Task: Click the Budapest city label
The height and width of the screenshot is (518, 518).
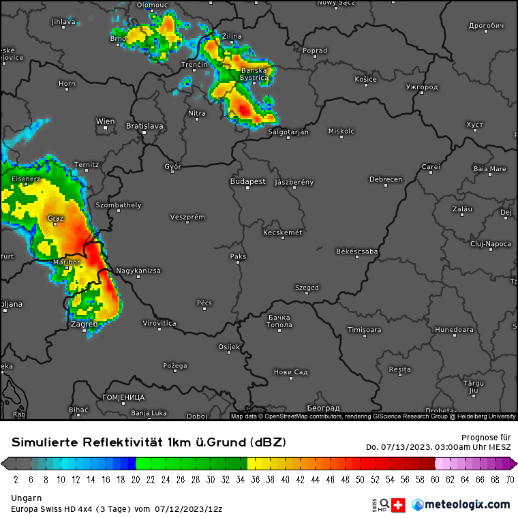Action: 247,182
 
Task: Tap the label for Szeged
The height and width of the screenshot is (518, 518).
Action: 307,288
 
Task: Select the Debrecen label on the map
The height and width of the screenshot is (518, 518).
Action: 386,179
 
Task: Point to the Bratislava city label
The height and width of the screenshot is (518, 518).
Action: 144,126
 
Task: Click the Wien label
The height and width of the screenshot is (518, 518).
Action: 105,122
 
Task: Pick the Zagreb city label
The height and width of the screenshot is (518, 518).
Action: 84,324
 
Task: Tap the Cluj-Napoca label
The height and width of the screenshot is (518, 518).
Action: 491,243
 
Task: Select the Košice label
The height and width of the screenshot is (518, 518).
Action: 365,79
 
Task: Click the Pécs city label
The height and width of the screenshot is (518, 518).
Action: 204,303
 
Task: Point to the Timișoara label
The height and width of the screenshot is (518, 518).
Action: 364,330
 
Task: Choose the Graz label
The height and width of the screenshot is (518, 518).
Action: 56,219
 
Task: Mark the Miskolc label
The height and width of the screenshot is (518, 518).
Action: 341,131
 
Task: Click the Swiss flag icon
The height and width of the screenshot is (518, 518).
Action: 399,505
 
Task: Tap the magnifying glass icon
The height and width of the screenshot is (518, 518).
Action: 385,504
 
